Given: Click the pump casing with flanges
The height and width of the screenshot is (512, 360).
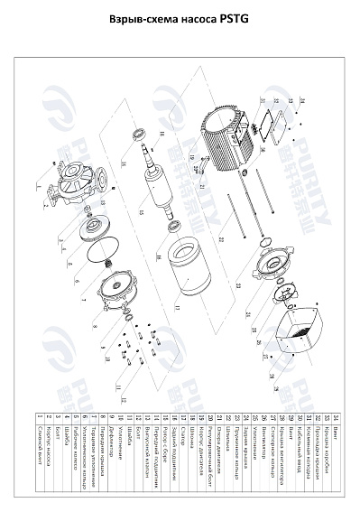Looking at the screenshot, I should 71,184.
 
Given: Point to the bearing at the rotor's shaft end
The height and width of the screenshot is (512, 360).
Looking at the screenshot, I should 141,135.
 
